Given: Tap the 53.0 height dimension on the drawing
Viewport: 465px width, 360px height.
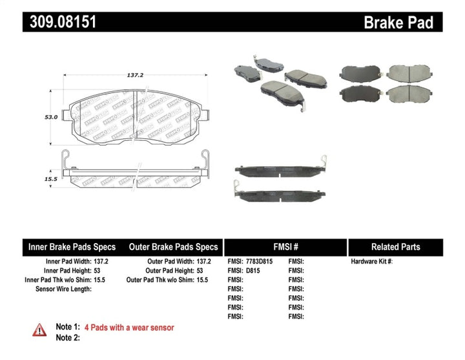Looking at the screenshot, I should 51,118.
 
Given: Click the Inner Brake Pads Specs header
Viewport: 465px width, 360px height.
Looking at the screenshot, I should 72,247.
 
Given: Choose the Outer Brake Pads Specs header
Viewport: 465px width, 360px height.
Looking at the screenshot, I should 173,247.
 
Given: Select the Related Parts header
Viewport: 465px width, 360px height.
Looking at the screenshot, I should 395,247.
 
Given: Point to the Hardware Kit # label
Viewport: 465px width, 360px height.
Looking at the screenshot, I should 371,262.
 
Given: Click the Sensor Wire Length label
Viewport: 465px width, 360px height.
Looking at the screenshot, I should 63,289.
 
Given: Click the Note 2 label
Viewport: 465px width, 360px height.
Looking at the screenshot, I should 68,337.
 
